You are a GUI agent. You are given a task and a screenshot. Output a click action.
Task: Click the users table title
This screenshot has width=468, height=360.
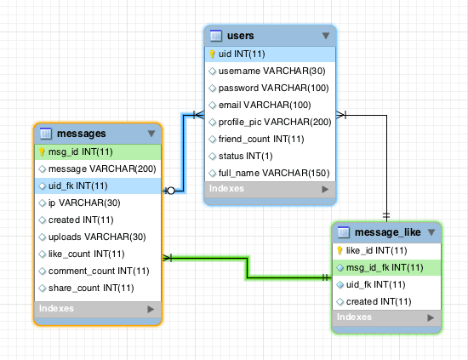tap(240, 36)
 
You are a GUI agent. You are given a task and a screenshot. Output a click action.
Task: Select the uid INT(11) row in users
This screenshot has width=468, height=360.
tap(270, 54)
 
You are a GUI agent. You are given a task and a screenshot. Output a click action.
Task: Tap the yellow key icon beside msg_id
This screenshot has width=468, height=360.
tap(42, 152)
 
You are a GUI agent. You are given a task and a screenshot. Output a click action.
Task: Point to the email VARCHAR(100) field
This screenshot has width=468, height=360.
tap(265, 105)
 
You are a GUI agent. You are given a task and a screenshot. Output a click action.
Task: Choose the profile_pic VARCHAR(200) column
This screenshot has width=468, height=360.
tap(275, 122)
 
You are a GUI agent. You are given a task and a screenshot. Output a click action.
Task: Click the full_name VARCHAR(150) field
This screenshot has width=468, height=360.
tap(274, 173)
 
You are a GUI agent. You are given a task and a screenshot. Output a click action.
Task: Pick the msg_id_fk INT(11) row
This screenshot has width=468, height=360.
tap(386, 268)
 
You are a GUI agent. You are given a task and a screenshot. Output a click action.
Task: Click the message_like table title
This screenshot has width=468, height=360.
tap(388, 232)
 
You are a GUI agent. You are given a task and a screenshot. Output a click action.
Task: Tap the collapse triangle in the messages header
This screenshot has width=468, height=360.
tap(151, 134)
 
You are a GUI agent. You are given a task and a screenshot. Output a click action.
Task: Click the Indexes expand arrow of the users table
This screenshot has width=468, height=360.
tap(325, 189)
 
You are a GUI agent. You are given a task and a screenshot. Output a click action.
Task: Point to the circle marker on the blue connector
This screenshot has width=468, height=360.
tap(171, 191)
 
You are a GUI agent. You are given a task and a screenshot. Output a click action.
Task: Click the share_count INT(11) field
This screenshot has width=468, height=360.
tap(91, 288)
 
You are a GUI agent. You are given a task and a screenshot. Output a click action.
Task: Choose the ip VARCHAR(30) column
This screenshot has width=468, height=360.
tap(84, 203)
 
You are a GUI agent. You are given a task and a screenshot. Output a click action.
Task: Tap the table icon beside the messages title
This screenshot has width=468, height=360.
tap(46, 134)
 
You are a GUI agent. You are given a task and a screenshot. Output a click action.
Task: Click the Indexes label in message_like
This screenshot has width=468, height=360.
tap(354, 317)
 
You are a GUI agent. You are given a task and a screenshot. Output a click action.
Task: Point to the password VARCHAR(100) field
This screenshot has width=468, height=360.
tap(274, 88)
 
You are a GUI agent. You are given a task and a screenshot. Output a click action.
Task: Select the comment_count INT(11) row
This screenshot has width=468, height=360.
tap(99, 271)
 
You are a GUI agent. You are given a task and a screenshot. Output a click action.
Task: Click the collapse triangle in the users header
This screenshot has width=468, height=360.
tap(326, 36)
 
